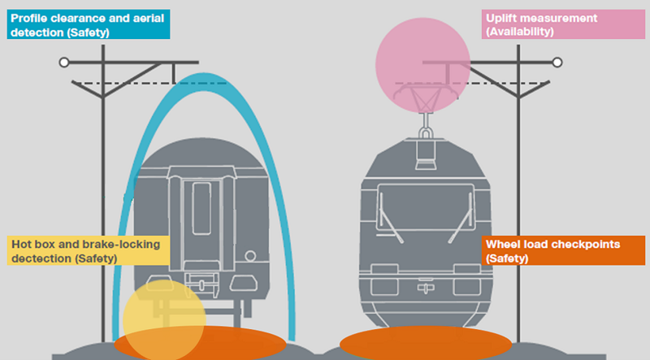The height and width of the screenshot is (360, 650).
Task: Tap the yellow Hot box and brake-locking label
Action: click(87, 250)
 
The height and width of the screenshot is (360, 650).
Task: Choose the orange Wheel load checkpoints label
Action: click(564, 250)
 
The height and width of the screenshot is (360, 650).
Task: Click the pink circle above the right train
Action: click(422, 63)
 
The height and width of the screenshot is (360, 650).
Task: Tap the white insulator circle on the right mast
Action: click(557, 62)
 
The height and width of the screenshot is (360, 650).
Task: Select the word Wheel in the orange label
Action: click(504, 244)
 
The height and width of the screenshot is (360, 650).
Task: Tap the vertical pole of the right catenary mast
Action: click(518, 203)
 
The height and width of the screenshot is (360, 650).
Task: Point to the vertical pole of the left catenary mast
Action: click(104, 203)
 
